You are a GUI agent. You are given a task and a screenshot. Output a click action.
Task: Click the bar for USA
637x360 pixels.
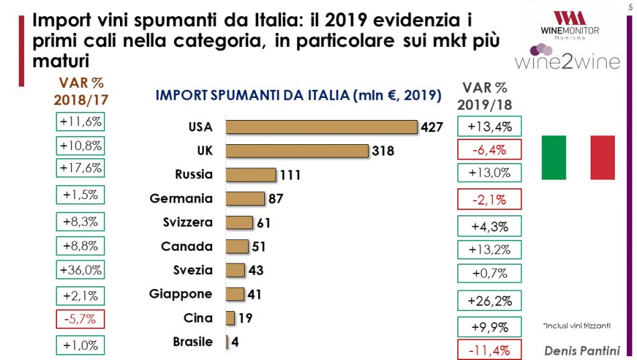pyautogui.click(x=322, y=127)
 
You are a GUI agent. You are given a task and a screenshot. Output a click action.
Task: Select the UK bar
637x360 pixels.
pyautogui.click(x=297, y=151)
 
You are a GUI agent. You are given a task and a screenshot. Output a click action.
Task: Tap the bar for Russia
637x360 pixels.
pyautogui.click(x=251, y=175)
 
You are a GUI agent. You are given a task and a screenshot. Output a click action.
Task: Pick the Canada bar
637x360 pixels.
pyautogui.click(x=237, y=247)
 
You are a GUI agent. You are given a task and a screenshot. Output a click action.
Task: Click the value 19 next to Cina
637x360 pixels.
pyautogui.click(x=245, y=318)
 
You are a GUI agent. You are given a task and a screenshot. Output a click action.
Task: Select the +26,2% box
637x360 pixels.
pyautogui.click(x=488, y=299)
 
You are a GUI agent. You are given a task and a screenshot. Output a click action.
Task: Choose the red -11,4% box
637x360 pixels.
pyautogui.click(x=488, y=349)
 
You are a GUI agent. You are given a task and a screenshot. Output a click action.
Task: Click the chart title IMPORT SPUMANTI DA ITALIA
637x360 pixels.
pyautogui.click(x=298, y=95)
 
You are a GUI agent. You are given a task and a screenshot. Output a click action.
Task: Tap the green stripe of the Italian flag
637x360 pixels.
pyautogui.click(x=554, y=157)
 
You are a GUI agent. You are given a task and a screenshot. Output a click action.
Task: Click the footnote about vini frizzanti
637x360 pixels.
pyautogui.click(x=576, y=325)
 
